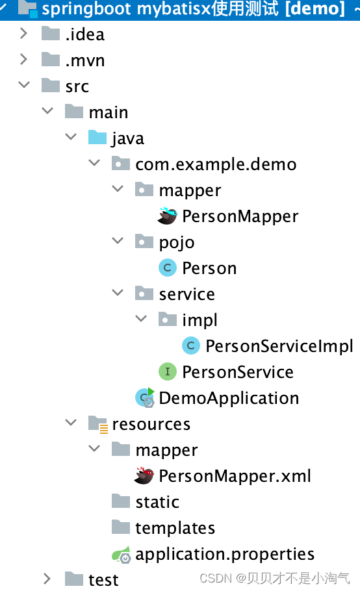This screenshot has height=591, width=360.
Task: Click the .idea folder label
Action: pyautogui.click(x=85, y=34)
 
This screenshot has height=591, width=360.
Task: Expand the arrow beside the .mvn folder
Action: pyautogui.click(x=23, y=59)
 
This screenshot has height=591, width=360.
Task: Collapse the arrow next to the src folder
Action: pyautogui.click(x=24, y=84)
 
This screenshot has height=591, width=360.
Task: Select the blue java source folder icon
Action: pyautogui.click(x=97, y=137)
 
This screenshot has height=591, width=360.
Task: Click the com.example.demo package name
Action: pyautogui.click(x=216, y=165)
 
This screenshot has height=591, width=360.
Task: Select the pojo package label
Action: pyautogui.click(x=177, y=243)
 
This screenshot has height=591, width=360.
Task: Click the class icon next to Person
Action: pyautogui.click(x=168, y=268)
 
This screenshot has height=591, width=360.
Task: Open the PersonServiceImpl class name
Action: pyautogui.click(x=279, y=346)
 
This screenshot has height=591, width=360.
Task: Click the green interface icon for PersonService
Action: pyautogui.click(x=168, y=372)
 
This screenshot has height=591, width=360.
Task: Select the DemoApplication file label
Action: pyautogui.click(x=229, y=398)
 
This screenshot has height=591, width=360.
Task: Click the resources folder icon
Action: pyautogui.click(x=98, y=424)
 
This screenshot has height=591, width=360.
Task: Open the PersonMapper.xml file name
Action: pyautogui.click(x=235, y=476)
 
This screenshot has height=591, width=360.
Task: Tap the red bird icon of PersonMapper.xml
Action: pyautogui.click(x=144, y=475)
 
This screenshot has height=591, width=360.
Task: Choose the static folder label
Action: pyautogui.click(x=157, y=502)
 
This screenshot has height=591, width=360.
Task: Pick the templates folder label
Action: pyautogui.click(x=175, y=528)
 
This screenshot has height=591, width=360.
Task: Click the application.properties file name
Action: pyautogui.click(x=225, y=555)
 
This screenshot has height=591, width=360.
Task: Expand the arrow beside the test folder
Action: pyautogui.click(x=47, y=579)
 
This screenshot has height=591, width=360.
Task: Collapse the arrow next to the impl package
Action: pyautogui.click(x=141, y=318)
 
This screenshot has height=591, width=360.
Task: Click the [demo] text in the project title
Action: pyautogui.click(x=315, y=9)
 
